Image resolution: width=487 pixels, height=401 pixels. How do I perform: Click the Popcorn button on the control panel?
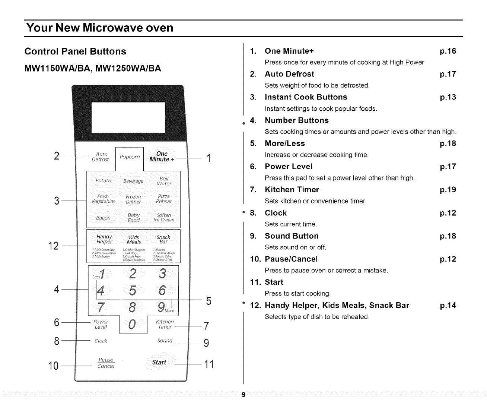pyautogui.click(x=130, y=157)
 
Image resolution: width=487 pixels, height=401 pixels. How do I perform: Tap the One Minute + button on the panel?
pyautogui.click(x=162, y=157)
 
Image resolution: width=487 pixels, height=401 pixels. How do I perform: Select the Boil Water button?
pyautogui.click(x=164, y=181)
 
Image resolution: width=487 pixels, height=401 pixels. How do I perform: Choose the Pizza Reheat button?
pyautogui.click(x=164, y=199)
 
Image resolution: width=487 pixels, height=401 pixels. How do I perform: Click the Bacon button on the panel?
pyautogui.click(x=103, y=218)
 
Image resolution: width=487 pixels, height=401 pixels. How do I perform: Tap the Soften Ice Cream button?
pyautogui.click(x=164, y=218)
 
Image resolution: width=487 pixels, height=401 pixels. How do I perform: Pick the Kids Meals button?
pyautogui.click(x=134, y=240)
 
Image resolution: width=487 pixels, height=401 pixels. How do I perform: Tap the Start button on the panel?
pyautogui.click(x=159, y=362)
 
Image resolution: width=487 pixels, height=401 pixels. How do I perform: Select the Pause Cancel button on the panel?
pyautogui.click(x=106, y=363)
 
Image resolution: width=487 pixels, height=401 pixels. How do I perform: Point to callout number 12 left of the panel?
pyautogui.click(x=53, y=246)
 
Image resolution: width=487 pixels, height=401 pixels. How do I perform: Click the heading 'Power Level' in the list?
pyautogui.click(x=289, y=167)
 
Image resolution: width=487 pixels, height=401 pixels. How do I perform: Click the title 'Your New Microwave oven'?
pyautogui.click(x=99, y=28)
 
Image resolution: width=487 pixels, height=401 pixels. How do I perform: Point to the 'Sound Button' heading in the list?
pyautogui.click(x=292, y=236)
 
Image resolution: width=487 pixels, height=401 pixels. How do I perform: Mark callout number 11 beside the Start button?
pyautogui.click(x=209, y=364)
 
